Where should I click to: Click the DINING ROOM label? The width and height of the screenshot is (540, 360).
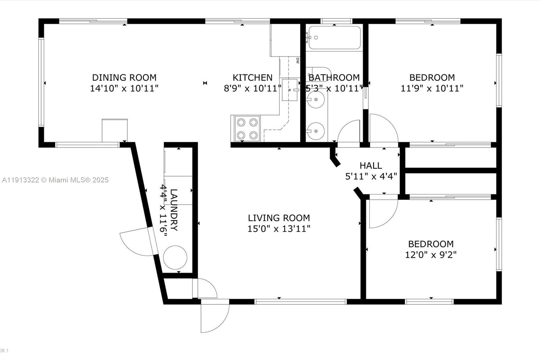coord(124,77)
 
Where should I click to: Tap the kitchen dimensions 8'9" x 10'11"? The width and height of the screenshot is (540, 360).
coord(252,88)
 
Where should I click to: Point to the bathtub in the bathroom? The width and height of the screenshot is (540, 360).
coord(334,37)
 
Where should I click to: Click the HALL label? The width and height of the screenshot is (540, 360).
coord(371,165)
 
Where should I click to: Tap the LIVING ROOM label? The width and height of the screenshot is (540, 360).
coord(279,218)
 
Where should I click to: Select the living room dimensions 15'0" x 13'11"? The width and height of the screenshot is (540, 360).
coord(279,229)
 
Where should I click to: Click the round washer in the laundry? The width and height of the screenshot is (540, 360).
coord(175,257)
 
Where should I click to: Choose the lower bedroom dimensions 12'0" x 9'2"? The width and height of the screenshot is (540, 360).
coord(431,255)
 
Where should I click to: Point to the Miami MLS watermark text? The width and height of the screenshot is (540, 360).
coord(55,180)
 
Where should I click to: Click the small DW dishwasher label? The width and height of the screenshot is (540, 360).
coord(297,61)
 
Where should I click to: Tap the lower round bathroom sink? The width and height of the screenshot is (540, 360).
coord(316,130)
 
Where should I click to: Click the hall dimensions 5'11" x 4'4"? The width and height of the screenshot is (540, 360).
coord(371,176)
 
